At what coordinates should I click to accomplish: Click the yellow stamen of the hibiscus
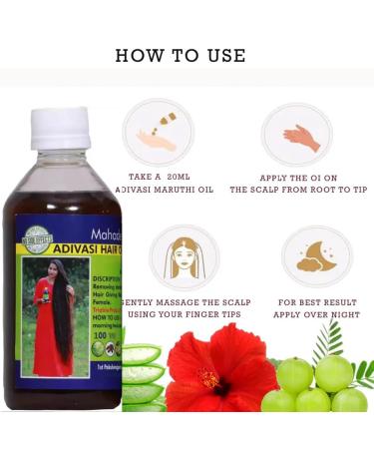[x=209, y=381]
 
